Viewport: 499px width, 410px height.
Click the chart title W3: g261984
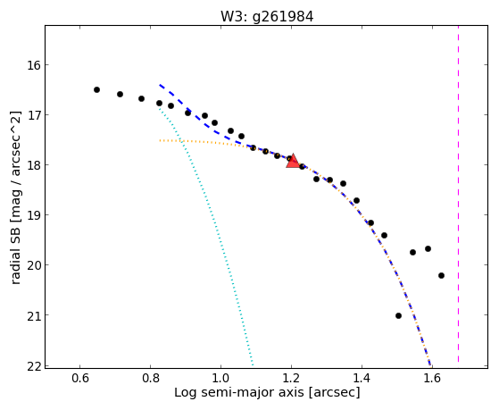pyautogui.click(x=267, y=16)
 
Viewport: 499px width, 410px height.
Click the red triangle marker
pyautogui.click(x=293, y=161)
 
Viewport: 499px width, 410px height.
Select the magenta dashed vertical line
pyautogui.click(x=458, y=194)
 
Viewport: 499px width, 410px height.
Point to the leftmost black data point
pyautogui.click(x=96, y=90)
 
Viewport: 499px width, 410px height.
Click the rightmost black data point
pyautogui.click(x=441, y=275)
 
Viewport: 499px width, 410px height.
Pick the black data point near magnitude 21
pyautogui.click(x=398, y=315)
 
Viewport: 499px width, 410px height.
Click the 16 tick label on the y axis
pyautogui.click(x=33, y=65)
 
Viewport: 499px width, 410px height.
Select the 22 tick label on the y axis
pyautogui.click(x=33, y=365)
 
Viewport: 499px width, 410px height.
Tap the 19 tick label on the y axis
pyautogui.click(x=33, y=215)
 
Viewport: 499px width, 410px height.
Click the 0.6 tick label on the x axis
pyautogui.click(x=79, y=378)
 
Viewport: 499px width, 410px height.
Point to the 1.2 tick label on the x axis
pyautogui.click(x=291, y=378)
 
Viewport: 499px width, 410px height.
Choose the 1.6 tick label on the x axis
pyautogui.click(x=432, y=378)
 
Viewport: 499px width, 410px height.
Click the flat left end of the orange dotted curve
pyautogui.click(x=160, y=140)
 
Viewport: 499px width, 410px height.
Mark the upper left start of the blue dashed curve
pyautogui.click(x=160, y=85)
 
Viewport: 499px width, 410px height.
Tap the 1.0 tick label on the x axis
pyautogui.click(x=220, y=378)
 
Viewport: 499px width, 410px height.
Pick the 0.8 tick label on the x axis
pyautogui.click(x=150, y=378)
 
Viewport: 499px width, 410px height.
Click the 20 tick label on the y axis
pyautogui.click(x=33, y=265)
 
